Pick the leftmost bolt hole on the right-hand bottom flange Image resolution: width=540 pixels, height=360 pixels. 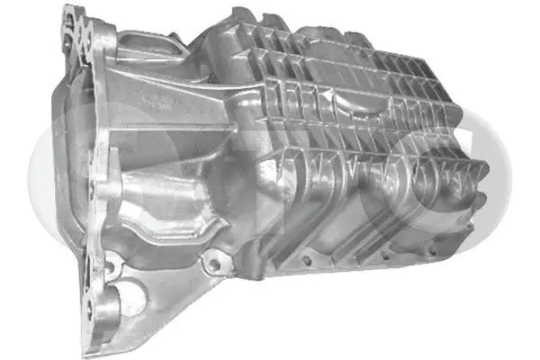307,260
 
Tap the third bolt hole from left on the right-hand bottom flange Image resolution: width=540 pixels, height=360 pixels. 387,251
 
